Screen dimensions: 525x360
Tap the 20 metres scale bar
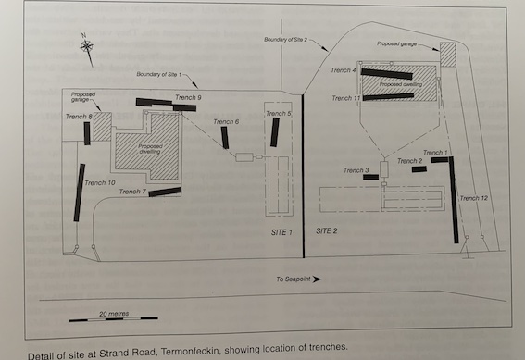(114, 319)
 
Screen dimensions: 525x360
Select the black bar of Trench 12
(454, 200)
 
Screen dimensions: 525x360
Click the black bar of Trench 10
(80, 192)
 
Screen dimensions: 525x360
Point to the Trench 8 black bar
(87, 133)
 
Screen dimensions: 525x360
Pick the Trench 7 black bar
(165, 192)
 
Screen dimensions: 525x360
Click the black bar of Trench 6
(225, 138)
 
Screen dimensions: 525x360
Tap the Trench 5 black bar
(275, 132)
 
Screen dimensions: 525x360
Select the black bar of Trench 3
(370, 177)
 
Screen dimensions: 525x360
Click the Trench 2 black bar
(419, 169)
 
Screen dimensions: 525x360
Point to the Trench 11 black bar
(388, 97)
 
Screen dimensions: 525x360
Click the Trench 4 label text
(344, 70)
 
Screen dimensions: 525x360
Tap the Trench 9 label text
(188, 97)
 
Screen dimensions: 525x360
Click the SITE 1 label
(281, 232)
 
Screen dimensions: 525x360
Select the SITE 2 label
(327, 230)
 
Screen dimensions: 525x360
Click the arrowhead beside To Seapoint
(317, 279)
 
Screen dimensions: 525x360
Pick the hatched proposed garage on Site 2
(448, 55)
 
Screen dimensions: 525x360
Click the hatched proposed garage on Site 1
(103, 127)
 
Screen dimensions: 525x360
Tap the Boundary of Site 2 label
(285, 40)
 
